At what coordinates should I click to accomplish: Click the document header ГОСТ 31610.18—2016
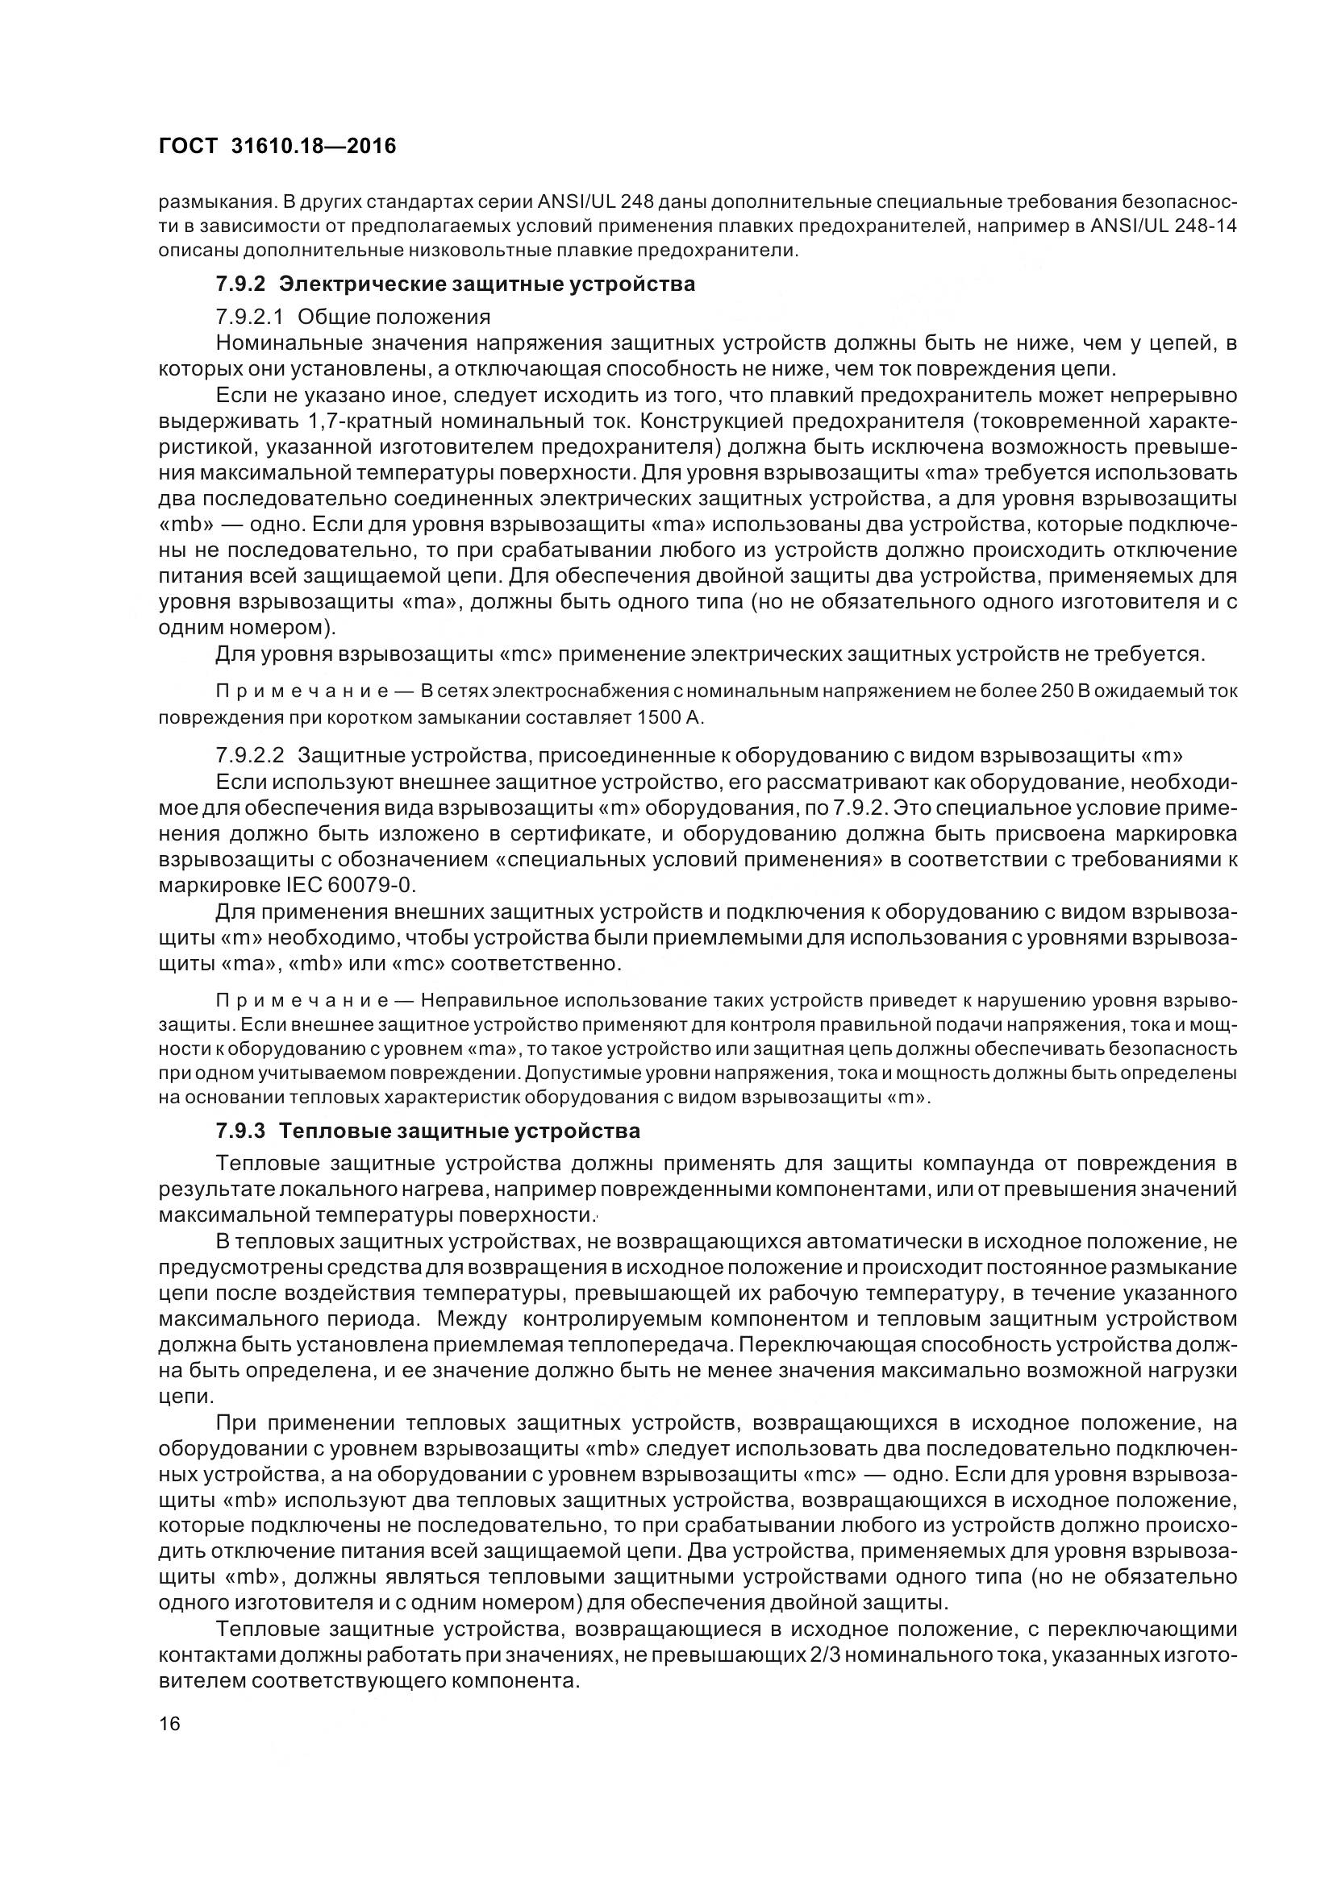277,146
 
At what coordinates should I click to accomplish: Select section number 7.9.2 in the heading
241,284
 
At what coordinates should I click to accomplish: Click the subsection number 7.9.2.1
250,316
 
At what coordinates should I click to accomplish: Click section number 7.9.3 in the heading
241,1131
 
